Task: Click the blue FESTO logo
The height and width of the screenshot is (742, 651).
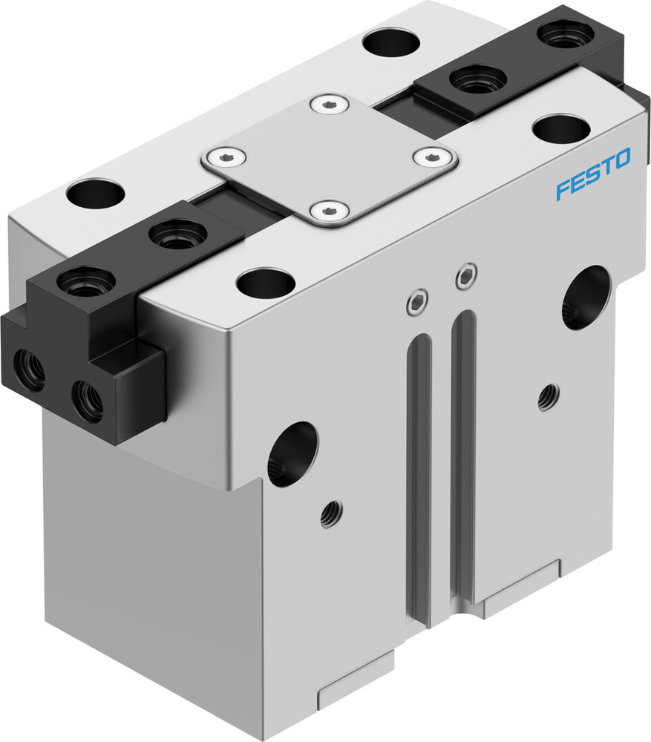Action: click(x=593, y=174)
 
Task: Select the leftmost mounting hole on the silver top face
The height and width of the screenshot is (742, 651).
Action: click(x=94, y=194)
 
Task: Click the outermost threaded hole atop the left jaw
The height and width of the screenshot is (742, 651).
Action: click(x=85, y=282)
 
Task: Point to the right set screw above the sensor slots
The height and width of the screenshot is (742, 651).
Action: click(x=465, y=278)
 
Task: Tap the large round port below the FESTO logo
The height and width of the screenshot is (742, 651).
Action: click(x=586, y=297)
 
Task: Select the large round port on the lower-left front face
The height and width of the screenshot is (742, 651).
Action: click(x=292, y=454)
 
